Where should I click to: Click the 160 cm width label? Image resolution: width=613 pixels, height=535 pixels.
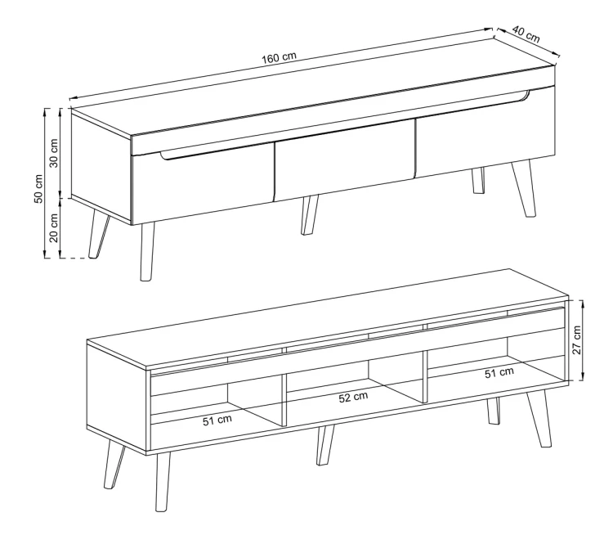coord(279,57)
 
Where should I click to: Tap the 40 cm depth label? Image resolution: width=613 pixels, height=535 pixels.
coord(526,34)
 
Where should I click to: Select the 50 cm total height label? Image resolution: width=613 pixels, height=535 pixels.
coord(38,189)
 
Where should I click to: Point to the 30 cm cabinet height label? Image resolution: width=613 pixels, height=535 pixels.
coord(54,153)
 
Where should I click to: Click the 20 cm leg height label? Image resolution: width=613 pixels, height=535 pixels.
coord(54,228)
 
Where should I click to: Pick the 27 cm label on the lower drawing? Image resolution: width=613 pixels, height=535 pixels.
coord(577,339)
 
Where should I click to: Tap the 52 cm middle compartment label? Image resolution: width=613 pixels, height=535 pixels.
coord(353,398)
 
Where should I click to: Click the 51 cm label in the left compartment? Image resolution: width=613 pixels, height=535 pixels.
coord(217,420)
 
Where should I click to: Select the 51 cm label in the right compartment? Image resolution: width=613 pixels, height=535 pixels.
coord(499,372)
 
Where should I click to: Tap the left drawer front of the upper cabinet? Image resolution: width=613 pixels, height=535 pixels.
coord(202,185)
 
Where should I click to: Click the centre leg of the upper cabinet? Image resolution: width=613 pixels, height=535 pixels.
coord(310,215)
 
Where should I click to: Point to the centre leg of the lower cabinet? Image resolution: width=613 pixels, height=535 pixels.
coord(325,445)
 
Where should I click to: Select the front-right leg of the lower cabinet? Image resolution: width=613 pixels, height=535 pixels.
coord(540,418)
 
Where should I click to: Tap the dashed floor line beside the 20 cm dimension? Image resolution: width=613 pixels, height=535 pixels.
coord(73,259)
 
